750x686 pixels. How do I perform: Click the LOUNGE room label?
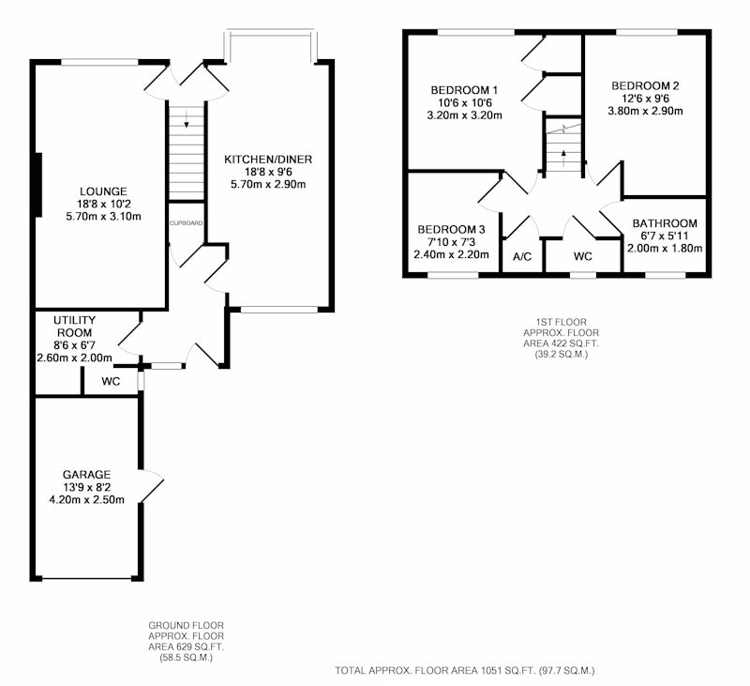(103, 191)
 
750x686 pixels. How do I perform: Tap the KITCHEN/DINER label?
(268, 160)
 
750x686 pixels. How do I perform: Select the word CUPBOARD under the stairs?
(186, 223)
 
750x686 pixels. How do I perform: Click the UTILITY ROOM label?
(75, 326)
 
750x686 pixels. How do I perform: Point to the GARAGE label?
(86, 475)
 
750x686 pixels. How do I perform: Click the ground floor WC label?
(111, 382)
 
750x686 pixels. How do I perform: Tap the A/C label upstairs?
(522, 257)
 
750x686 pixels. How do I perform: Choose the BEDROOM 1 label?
(464, 90)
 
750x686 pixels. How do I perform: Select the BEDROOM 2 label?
(645, 86)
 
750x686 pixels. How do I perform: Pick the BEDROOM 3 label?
(451, 230)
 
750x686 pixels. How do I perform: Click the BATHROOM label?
(665, 223)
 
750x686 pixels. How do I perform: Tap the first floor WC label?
(582, 256)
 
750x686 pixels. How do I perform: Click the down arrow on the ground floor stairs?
(187, 119)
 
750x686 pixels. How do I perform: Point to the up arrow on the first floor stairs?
(563, 158)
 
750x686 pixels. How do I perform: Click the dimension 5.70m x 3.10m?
(103, 217)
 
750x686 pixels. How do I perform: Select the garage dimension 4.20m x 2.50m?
(86, 500)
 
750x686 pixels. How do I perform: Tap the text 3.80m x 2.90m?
(645, 111)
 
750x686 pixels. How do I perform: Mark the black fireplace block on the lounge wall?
(38, 184)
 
